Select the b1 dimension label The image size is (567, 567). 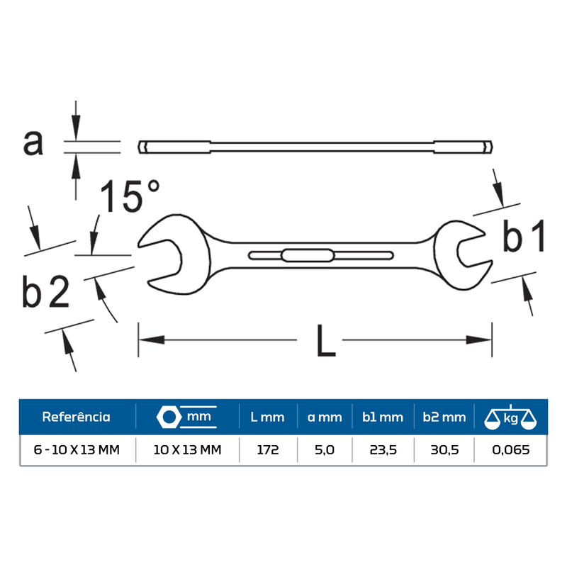(524, 237)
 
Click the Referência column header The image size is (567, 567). (76, 417)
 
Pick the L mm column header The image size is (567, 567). (267, 417)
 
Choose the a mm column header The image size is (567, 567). (325, 417)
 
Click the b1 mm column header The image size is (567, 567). (383, 417)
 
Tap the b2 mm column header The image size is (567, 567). (444, 417)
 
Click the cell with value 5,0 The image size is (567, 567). (325, 450)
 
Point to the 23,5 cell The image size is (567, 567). (383, 450)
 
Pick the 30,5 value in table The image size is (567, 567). (444, 450)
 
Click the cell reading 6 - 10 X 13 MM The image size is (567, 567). (76, 450)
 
